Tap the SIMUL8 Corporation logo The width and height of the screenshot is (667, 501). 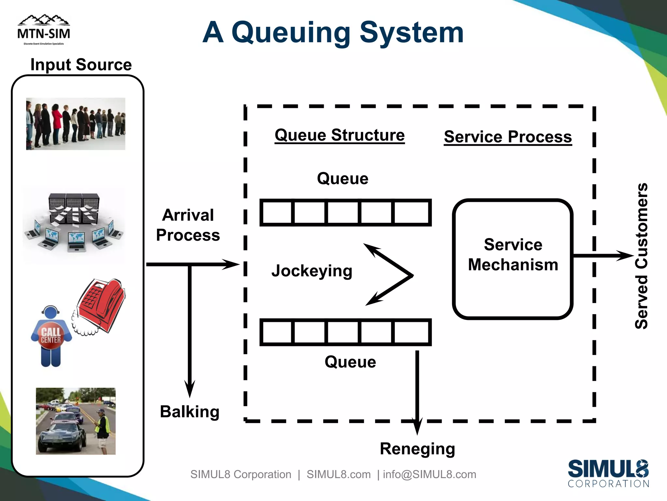coord(608,473)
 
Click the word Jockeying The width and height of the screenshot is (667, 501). coord(312,271)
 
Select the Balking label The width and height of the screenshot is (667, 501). coord(190,412)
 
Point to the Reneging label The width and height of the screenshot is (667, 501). coord(417,449)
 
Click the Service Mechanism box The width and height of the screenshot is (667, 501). coord(513,258)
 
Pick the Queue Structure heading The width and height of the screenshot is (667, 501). coord(339,135)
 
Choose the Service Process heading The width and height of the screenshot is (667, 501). coord(507,137)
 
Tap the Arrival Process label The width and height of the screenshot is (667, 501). coord(188,225)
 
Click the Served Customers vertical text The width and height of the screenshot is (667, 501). coord(641,256)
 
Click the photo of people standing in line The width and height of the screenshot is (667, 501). coord(76,124)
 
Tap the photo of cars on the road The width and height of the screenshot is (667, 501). coord(76,421)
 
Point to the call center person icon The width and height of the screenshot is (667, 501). coord(51,336)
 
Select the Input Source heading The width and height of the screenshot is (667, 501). coord(81,65)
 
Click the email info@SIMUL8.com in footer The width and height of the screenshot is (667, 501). coord(429,474)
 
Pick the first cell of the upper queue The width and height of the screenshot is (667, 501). coord(277,212)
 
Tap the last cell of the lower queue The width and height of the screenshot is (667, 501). coord(411,332)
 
